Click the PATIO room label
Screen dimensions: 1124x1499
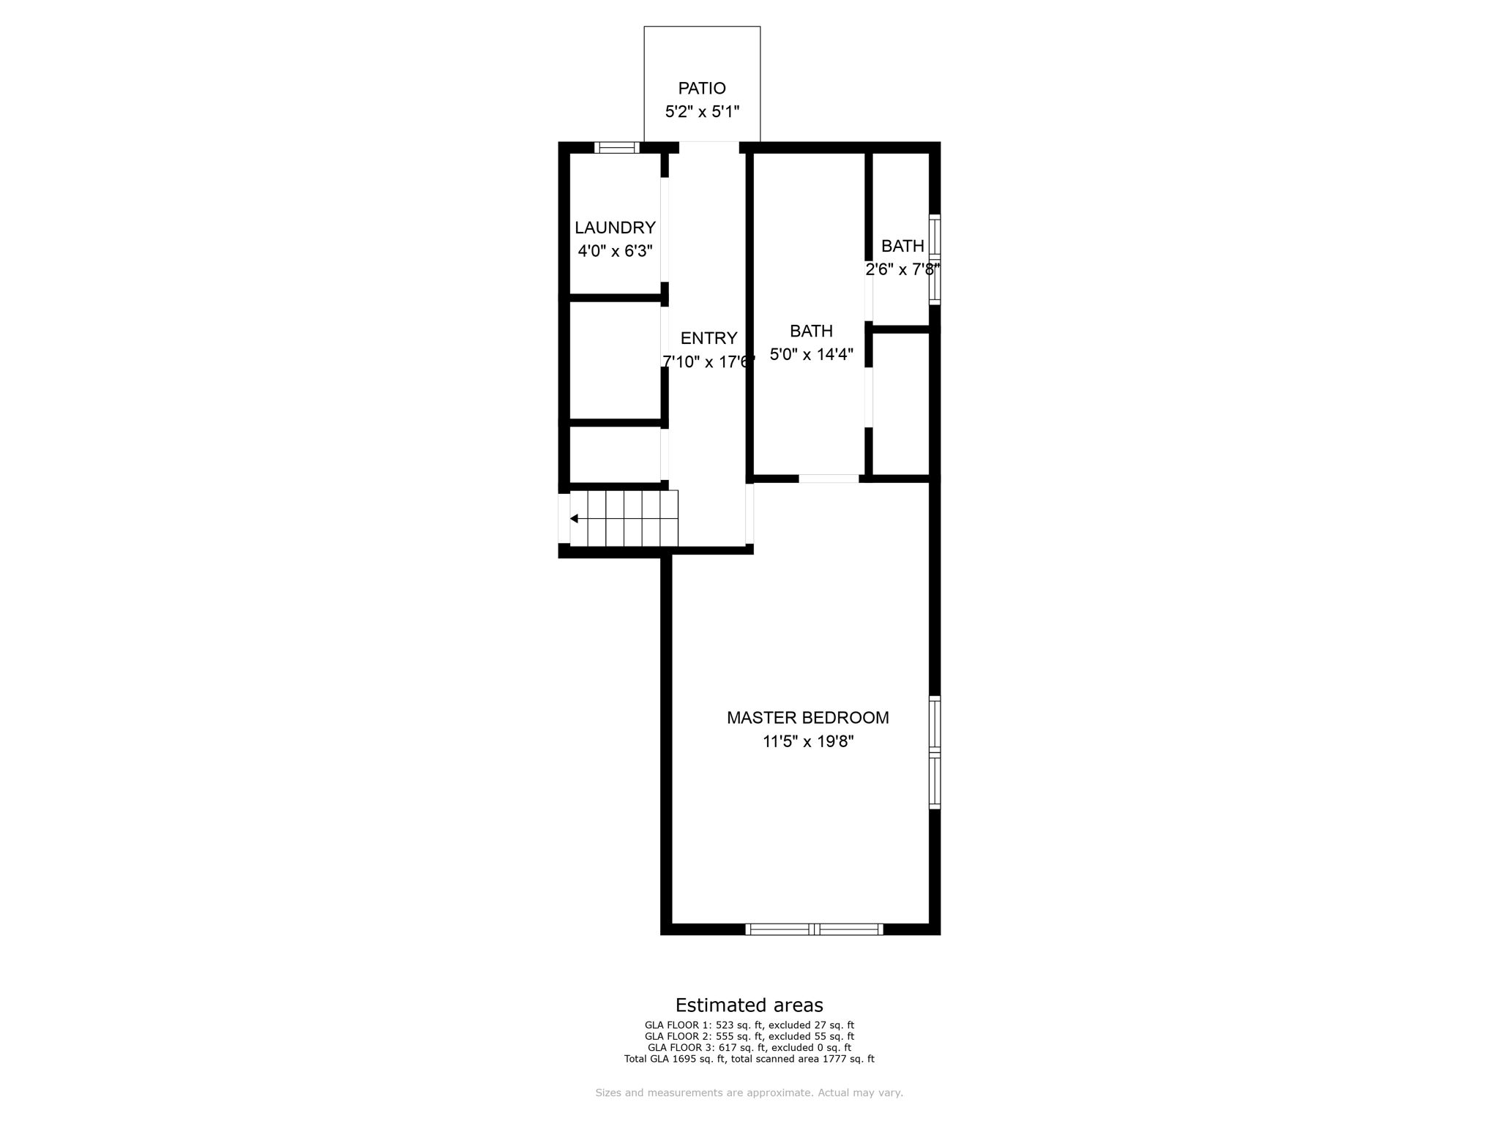pos(702,89)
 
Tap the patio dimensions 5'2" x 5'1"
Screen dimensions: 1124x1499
pos(702,112)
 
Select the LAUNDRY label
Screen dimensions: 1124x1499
pos(615,228)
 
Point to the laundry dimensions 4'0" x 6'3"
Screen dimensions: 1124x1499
pos(615,251)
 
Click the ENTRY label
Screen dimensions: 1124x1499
pos(709,338)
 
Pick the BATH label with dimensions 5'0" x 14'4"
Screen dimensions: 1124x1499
pos(811,331)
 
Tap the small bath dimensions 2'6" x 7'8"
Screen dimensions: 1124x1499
pos(902,269)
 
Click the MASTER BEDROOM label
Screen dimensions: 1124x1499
pos(807,718)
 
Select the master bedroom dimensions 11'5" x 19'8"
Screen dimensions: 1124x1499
pos(808,741)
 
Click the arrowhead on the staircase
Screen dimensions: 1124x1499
pos(575,519)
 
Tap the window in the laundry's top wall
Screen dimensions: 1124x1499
pos(616,147)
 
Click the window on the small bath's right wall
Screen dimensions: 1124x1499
pos(935,259)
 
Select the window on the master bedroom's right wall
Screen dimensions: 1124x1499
pos(935,752)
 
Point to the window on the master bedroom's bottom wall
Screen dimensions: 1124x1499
pos(814,929)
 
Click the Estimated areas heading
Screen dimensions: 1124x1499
pos(749,1005)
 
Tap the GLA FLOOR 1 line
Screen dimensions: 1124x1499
pos(749,1025)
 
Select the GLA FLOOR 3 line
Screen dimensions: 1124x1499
pos(749,1047)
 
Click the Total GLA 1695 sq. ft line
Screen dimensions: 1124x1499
pos(749,1058)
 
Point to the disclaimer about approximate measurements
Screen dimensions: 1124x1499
pos(749,1093)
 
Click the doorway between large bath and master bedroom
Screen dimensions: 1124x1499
pos(828,479)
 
